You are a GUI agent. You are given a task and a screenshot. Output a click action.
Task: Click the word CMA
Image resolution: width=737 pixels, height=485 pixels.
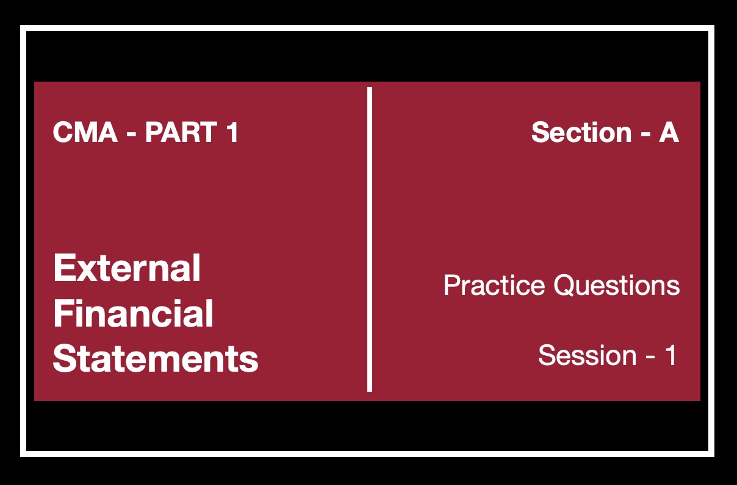coord(85,132)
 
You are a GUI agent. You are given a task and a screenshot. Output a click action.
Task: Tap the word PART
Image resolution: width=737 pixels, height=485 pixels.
coord(181,132)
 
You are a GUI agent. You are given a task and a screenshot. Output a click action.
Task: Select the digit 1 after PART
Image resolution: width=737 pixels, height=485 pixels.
coord(232,132)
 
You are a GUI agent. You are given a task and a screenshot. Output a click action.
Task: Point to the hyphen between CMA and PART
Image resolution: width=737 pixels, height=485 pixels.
coord(131,134)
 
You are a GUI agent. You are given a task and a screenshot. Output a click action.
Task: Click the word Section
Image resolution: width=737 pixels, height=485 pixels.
coord(581,132)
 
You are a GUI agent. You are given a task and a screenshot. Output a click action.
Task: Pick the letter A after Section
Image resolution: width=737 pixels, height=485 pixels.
coord(669,132)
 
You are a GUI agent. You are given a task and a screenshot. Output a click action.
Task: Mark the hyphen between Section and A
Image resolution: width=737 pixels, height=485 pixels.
coord(645,134)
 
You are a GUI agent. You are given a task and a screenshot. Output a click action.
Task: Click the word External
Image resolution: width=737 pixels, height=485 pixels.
coord(127,268)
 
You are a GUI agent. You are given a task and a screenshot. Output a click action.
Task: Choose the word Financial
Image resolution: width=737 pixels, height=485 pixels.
coord(133,313)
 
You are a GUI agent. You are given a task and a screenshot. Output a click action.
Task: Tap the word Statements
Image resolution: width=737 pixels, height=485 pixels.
coord(156,358)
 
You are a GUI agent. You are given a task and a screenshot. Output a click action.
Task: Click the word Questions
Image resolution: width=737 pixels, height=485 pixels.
coord(617,285)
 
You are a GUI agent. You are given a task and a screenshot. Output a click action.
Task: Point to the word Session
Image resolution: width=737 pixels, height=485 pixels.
coord(587,355)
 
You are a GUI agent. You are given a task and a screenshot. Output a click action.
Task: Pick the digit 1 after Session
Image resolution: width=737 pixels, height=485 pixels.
coord(670,355)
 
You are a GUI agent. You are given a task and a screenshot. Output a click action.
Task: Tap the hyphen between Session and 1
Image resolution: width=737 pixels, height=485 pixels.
coord(650,357)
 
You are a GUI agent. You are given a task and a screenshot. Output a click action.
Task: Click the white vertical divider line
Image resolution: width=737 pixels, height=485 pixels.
coord(370,239)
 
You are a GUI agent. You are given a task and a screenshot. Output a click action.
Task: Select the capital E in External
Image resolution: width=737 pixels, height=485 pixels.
coord(64,268)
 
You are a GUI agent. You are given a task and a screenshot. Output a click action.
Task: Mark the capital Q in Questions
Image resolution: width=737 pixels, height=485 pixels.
coord(566,286)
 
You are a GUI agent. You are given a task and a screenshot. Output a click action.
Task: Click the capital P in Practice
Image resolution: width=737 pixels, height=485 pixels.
coord(453,285)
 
